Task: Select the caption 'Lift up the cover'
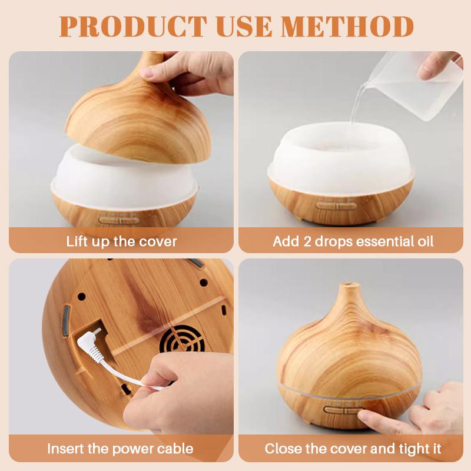point(121,241)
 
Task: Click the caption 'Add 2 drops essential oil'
point(353,241)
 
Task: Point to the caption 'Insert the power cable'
point(120,449)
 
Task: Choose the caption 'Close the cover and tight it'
point(353,449)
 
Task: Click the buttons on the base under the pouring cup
point(336,205)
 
